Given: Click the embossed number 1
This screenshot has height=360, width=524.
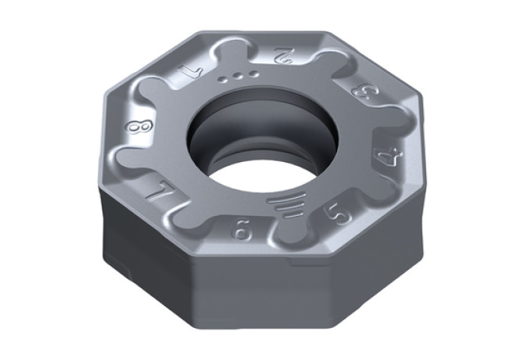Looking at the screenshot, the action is pyautogui.click(x=191, y=71).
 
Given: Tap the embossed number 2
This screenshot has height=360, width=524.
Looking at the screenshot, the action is pyautogui.click(x=282, y=55).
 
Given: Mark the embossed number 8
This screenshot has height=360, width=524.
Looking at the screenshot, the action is pyautogui.click(x=139, y=126).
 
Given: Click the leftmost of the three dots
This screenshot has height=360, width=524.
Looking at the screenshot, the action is pyautogui.click(x=222, y=79).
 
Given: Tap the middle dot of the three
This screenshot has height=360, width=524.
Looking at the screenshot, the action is pyautogui.click(x=238, y=76).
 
